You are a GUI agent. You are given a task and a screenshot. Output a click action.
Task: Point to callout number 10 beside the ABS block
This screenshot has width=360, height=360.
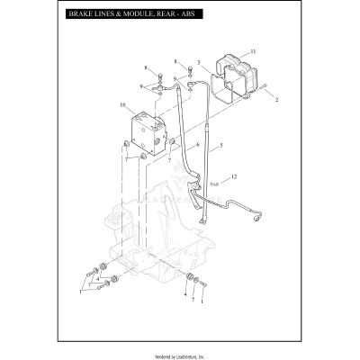pos(122,106)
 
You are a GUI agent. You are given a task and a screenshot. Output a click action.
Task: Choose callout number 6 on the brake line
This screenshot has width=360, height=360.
pos(198,144)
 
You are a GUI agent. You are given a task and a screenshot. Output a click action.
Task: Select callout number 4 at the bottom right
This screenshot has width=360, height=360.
pos(185,293)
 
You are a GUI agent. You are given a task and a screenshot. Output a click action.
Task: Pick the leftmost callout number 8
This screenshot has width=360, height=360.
pos(145,67)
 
